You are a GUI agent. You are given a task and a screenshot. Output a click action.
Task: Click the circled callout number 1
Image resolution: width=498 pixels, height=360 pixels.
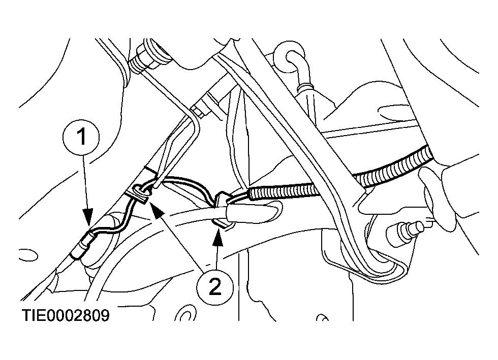point(82,137)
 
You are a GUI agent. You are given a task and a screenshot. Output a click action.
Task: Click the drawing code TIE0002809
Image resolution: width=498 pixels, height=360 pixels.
point(66,315)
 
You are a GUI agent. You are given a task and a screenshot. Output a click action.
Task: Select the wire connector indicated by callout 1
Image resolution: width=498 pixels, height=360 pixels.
point(83,244)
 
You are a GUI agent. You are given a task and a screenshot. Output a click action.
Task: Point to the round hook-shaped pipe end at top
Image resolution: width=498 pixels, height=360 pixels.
point(291,58)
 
